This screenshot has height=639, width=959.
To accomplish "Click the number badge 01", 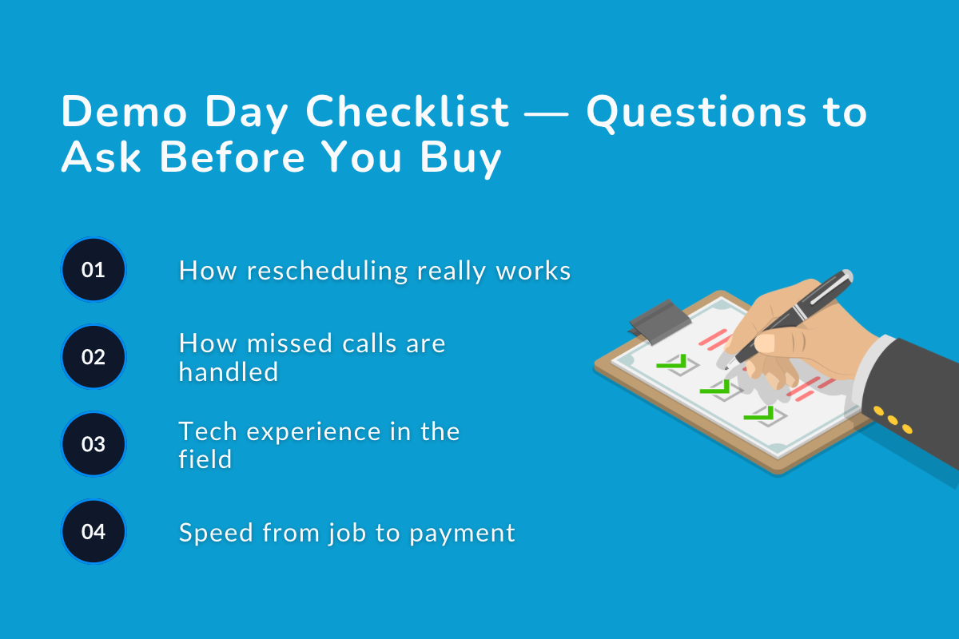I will coord(94,269).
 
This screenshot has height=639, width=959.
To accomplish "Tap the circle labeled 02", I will coord(94,356).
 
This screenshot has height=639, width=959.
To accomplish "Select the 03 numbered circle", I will coord(94,443).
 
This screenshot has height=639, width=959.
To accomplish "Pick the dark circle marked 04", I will coord(94,531).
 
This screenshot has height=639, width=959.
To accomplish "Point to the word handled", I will coord(229,371).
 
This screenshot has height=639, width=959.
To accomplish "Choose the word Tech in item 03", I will coord(207,431).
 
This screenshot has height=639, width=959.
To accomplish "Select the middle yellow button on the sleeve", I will coord(893,420).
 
